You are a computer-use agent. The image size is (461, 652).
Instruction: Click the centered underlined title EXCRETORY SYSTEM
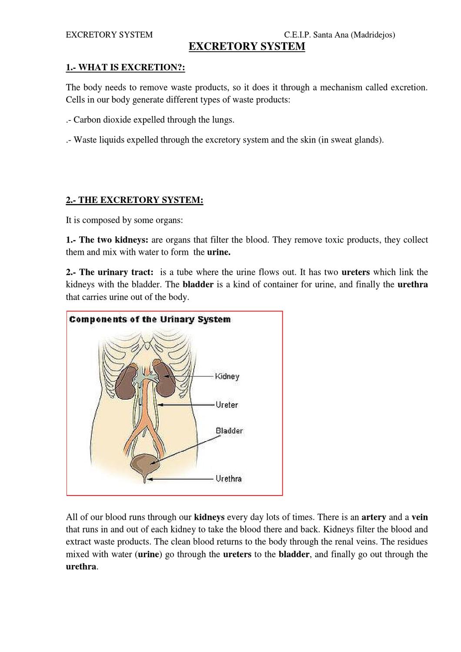pyautogui.click(x=247, y=47)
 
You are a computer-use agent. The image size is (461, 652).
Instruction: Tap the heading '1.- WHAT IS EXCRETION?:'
pyautogui.click(x=125, y=67)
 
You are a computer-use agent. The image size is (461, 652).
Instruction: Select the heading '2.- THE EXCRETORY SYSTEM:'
pyautogui.click(x=134, y=200)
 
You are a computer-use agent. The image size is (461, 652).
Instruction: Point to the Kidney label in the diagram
pyautogui.click(x=227, y=376)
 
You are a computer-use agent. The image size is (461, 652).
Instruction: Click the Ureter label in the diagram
pyautogui.click(x=227, y=405)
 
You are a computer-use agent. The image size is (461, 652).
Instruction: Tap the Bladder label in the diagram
pyautogui.click(x=229, y=431)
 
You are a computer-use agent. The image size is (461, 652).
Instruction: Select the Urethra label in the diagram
pyautogui.click(x=228, y=479)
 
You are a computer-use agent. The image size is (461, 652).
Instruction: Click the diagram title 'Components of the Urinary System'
pyautogui.click(x=150, y=319)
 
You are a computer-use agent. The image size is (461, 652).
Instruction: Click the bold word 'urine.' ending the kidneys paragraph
pyautogui.click(x=219, y=252)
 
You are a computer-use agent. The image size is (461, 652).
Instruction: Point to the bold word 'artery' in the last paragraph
pyautogui.click(x=374, y=517)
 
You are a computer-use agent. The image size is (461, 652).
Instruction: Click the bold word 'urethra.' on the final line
pyautogui.click(x=82, y=567)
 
